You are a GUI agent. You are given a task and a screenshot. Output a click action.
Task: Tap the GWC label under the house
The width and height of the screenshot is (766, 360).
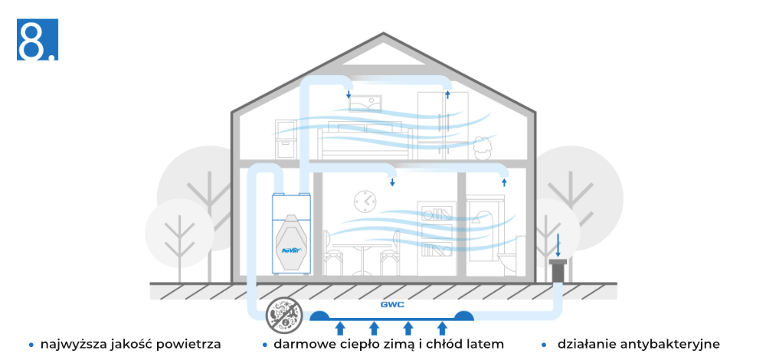392,304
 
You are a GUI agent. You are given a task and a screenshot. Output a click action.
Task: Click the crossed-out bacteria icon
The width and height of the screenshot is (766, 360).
280,314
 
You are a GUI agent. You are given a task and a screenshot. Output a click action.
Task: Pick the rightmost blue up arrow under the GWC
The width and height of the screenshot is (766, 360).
442,329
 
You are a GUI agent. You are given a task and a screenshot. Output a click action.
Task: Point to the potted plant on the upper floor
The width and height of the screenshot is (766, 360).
482,146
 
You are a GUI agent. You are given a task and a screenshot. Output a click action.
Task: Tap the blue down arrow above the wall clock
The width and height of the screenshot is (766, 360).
392,182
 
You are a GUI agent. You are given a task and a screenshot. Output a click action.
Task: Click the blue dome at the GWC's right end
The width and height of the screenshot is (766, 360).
463,315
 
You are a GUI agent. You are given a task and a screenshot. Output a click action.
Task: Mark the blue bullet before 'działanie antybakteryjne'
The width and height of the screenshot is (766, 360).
545,345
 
